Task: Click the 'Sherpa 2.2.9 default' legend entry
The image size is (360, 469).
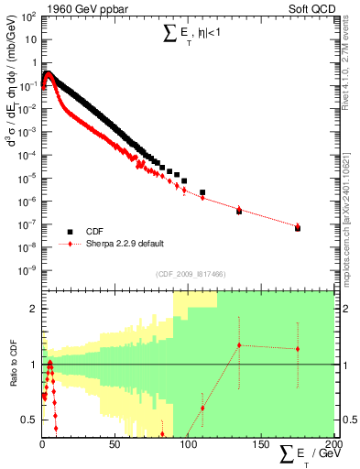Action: click(x=125, y=244)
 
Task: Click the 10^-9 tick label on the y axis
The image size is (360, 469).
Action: click(x=28, y=270)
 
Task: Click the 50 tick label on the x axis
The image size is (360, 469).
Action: click(x=115, y=444)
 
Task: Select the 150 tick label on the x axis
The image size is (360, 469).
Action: click(x=261, y=444)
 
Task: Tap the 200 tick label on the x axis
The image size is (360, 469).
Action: click(x=333, y=444)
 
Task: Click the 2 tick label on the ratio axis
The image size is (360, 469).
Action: click(x=33, y=309)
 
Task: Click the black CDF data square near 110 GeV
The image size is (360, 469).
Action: click(x=202, y=193)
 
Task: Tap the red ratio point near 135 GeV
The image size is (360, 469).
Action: click(x=239, y=345)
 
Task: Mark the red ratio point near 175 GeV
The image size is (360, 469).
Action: click(x=298, y=349)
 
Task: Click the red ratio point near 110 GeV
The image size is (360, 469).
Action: click(x=202, y=408)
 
